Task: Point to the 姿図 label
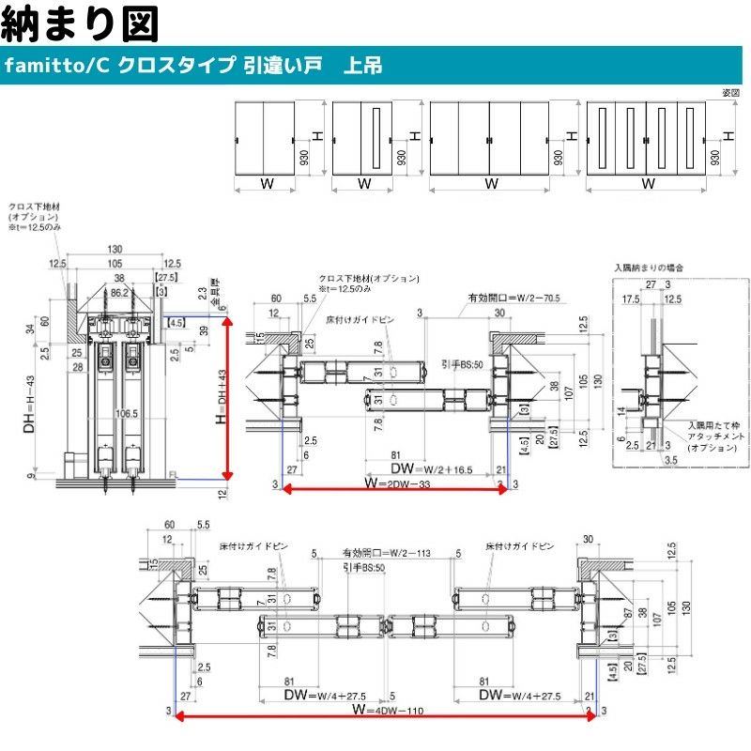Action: [731, 92]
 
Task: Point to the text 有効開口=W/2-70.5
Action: [513, 298]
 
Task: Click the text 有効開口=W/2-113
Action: [386, 554]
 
